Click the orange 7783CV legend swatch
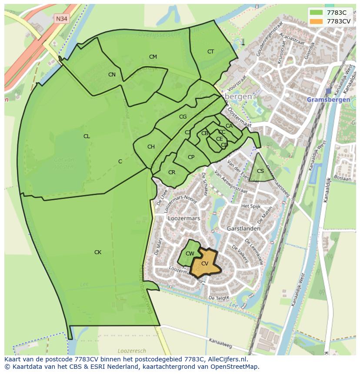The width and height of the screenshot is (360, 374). tap(316, 21)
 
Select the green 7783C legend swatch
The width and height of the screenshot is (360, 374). tap(316, 13)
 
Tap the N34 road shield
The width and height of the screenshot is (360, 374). tap(62, 19)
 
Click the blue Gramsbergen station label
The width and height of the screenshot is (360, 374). tap(328, 99)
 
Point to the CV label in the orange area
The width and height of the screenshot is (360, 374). tap(205, 264)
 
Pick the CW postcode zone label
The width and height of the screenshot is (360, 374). tap(190, 254)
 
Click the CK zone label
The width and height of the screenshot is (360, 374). tap(98, 252)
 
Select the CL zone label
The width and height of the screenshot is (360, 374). tap(87, 136)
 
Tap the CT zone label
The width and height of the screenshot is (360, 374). tap(210, 52)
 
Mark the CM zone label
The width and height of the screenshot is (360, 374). tap(153, 57)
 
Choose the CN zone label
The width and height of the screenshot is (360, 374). tap(112, 75)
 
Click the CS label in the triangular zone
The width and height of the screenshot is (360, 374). tap(260, 171)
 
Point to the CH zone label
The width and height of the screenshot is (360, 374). tap(151, 147)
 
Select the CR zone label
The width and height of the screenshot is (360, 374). tap(172, 172)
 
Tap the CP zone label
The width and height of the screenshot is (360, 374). tap(191, 157)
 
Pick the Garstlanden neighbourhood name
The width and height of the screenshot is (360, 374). tap(243, 228)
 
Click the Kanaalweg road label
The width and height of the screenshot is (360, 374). tap(220, 343)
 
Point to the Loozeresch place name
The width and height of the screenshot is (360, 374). tap(130, 350)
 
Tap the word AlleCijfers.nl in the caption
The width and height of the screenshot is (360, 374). tap(226, 359)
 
